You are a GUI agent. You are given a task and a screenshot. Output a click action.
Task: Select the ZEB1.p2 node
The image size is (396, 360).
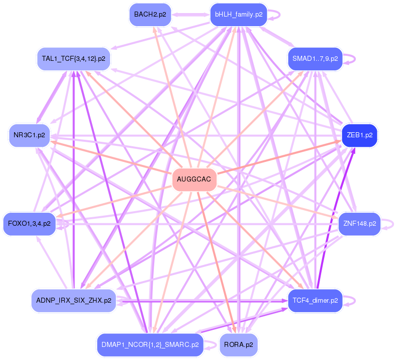[x=359, y=135]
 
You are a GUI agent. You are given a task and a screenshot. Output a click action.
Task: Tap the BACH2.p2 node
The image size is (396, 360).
[x=150, y=15]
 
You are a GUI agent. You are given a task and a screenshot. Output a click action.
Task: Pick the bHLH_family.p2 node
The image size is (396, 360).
[x=239, y=15]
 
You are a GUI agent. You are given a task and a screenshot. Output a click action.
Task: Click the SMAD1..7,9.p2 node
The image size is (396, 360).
[x=315, y=58]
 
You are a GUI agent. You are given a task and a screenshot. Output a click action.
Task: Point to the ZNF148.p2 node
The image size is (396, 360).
[x=359, y=224]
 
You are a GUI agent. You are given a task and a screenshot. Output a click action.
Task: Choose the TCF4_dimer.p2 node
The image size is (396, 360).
[x=315, y=301]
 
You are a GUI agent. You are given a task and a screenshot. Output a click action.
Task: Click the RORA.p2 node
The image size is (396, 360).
[x=239, y=345]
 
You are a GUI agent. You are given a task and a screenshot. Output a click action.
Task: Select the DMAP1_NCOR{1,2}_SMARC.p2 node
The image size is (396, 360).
[x=150, y=345]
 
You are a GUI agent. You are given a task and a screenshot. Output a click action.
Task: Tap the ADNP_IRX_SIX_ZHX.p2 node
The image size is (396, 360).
[x=73, y=301]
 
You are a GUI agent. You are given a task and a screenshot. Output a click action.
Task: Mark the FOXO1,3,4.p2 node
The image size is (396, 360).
[x=29, y=224]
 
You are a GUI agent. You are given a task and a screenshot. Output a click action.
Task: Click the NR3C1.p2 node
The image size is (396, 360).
[x=29, y=135]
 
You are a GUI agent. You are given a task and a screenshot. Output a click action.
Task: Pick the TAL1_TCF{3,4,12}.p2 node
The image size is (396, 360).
[x=73, y=59]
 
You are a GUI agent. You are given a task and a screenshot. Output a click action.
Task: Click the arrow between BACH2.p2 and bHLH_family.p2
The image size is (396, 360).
[x=189, y=15]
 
